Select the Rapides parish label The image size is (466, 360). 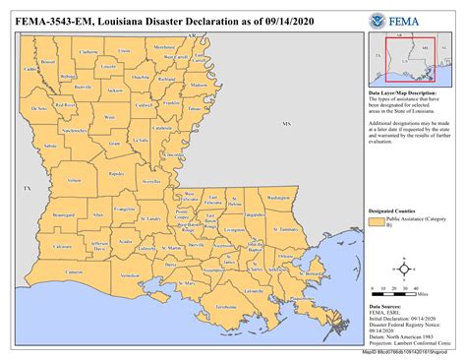117,173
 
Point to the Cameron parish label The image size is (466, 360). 75,270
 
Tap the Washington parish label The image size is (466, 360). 278,198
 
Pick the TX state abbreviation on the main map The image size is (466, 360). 29,187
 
